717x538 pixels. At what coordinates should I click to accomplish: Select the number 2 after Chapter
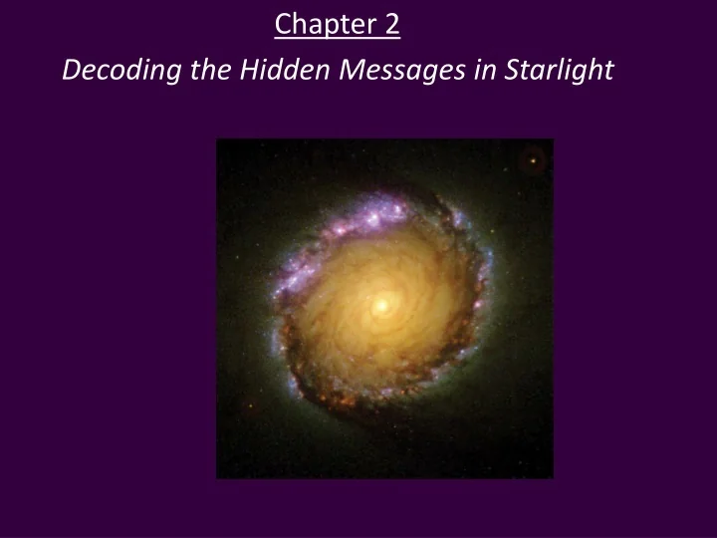coord(390,23)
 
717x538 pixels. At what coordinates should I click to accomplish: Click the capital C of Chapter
coord(283,23)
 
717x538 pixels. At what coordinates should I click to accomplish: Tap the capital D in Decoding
coord(70,71)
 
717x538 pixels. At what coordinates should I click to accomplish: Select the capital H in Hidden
coord(248,71)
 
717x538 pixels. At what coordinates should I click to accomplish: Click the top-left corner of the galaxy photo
coord(217,139)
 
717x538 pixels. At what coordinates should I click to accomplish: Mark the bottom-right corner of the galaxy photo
coord(553,477)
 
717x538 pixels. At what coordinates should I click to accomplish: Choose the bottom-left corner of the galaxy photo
coord(217,477)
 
